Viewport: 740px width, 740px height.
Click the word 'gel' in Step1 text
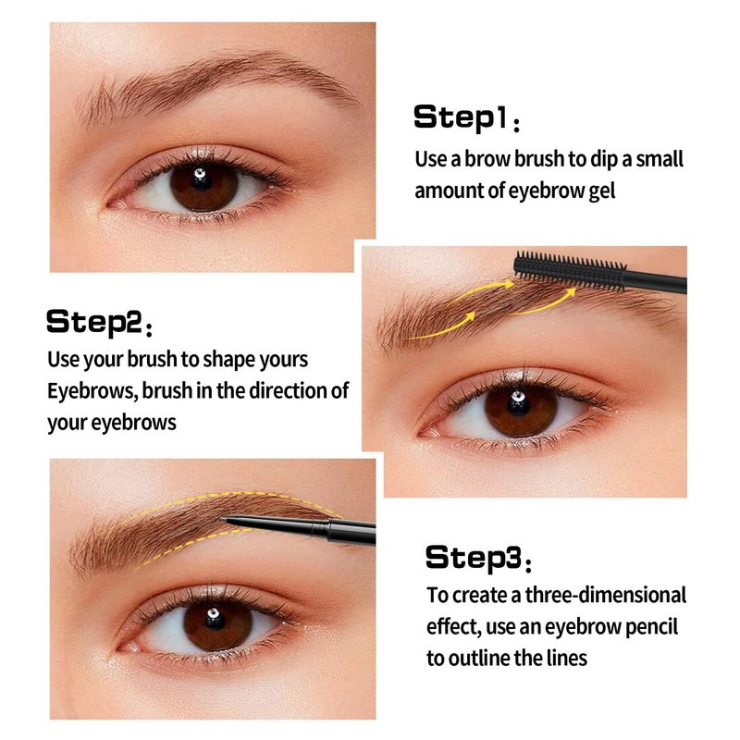click(602, 191)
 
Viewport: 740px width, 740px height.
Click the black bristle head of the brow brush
click(570, 271)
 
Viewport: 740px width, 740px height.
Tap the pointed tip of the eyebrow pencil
click(223, 520)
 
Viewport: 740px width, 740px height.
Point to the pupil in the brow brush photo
click(518, 405)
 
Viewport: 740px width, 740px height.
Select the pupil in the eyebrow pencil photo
click(216, 619)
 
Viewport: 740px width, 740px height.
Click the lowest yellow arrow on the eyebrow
click(444, 327)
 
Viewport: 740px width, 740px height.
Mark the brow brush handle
click(656, 282)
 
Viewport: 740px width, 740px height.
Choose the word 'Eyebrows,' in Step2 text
click(93, 391)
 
